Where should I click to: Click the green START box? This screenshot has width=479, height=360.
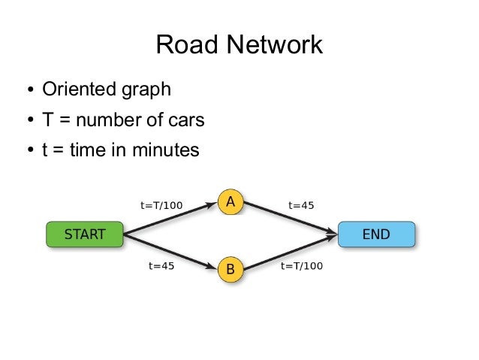(x=84, y=234)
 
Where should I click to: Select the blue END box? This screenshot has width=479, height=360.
(x=375, y=234)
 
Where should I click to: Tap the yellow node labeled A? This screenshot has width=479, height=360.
(x=230, y=202)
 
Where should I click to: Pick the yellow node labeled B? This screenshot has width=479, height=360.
(x=230, y=268)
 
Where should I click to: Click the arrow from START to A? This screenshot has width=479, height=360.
(x=169, y=219)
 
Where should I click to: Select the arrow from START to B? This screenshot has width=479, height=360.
(x=169, y=251)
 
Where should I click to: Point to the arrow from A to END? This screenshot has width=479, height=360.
(x=289, y=218)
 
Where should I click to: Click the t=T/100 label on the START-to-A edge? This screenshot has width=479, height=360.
(x=161, y=204)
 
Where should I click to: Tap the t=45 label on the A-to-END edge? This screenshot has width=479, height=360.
(x=301, y=204)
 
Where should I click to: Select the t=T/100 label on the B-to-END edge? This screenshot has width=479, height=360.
(x=301, y=265)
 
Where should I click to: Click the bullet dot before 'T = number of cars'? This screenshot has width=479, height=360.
(x=29, y=121)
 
